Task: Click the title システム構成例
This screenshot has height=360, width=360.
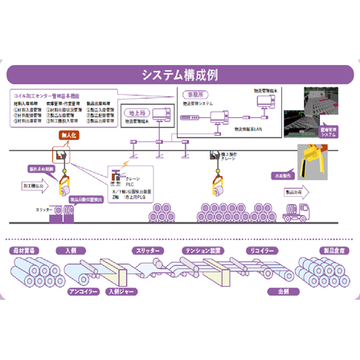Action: (x=180, y=76)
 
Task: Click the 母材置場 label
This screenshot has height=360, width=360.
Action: (x=26, y=250)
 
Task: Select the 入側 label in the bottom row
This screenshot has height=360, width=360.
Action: (x=71, y=250)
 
